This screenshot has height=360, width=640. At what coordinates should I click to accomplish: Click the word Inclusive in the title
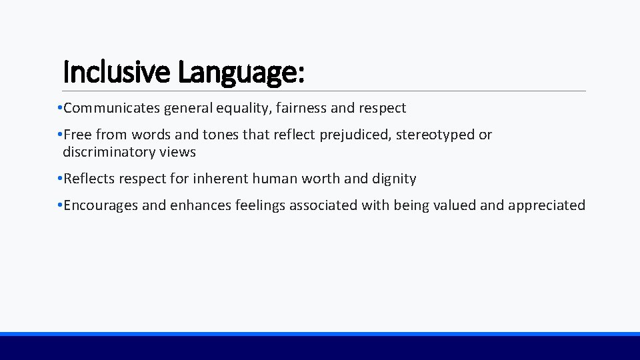coord(117,71)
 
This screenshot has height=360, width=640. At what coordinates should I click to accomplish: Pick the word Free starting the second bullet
coord(77,135)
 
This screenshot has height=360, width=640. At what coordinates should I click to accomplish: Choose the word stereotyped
coord(435,135)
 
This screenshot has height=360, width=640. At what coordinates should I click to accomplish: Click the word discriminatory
coord(109,152)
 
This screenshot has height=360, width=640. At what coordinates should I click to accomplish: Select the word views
coord(177,152)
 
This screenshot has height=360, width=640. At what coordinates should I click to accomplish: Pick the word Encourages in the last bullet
coord(100,205)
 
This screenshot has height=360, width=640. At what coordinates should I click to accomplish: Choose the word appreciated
coord(547,205)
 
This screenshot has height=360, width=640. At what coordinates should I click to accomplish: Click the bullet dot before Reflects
coord(59,179)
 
